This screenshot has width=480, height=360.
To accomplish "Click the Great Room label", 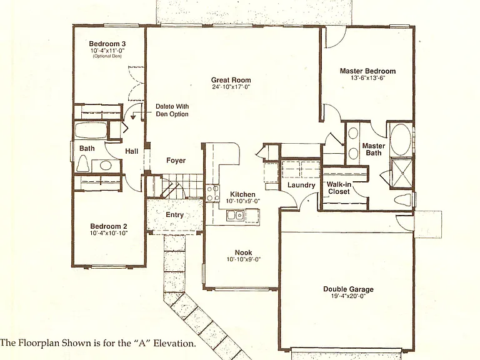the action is [231, 80].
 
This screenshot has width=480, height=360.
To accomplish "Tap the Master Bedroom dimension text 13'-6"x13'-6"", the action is [367, 78].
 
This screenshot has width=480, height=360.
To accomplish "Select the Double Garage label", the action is [348, 289].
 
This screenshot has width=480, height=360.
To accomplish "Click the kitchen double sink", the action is [236, 216].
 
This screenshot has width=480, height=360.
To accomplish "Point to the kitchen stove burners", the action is [212, 193].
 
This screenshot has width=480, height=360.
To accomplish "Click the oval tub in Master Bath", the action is [401, 139].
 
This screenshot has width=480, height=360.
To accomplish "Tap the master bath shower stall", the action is [401, 173].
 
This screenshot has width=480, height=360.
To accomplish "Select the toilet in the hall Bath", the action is [83, 163].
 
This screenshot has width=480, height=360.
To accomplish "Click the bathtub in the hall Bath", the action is [91, 131].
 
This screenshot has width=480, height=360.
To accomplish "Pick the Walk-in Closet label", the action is [339, 188].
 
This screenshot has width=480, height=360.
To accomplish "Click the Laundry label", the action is [301, 185].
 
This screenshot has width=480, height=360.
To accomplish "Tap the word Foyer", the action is [176, 161].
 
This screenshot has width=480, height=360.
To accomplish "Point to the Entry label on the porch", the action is [174, 215].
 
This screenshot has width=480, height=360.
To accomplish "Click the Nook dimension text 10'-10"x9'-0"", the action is [243, 259].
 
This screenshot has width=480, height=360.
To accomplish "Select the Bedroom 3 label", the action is [107, 44].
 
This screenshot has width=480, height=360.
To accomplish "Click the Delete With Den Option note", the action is [172, 110].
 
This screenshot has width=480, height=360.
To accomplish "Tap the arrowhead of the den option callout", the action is [133, 117].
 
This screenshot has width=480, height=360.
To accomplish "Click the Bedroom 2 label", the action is [109, 226].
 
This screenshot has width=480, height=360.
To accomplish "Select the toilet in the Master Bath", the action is [403, 200].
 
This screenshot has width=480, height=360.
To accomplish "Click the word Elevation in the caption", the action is [174, 343].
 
